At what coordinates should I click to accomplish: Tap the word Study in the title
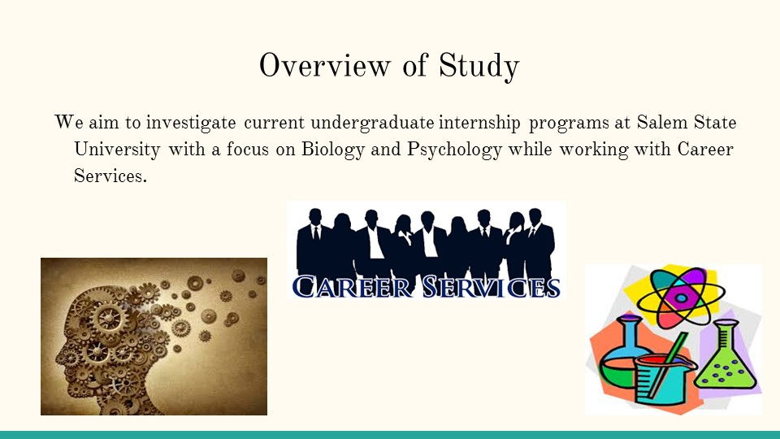tap(479, 67)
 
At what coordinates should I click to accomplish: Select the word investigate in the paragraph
tap(190, 123)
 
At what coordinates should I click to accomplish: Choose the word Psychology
tap(454, 150)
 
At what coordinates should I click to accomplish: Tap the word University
tap(117, 150)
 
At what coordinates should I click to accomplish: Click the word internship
tap(479, 123)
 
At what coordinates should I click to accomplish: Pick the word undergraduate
tap(372, 123)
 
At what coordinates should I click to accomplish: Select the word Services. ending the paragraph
tap(110, 176)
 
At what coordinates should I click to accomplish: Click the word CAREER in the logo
tap(352, 287)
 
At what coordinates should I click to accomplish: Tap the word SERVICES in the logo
tap(492, 287)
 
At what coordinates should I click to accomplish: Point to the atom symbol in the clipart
tap(680, 298)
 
